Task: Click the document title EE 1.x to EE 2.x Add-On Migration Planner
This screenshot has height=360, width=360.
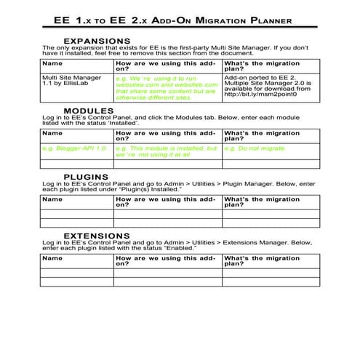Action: coord(179,20)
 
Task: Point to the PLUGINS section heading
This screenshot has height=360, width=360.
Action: coord(87,177)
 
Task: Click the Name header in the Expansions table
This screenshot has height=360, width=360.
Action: coord(52,63)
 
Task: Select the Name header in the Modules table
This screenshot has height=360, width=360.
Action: coord(52,133)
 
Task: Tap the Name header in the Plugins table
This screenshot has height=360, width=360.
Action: coord(52,199)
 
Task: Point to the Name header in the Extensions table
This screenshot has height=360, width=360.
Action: coord(52,257)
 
